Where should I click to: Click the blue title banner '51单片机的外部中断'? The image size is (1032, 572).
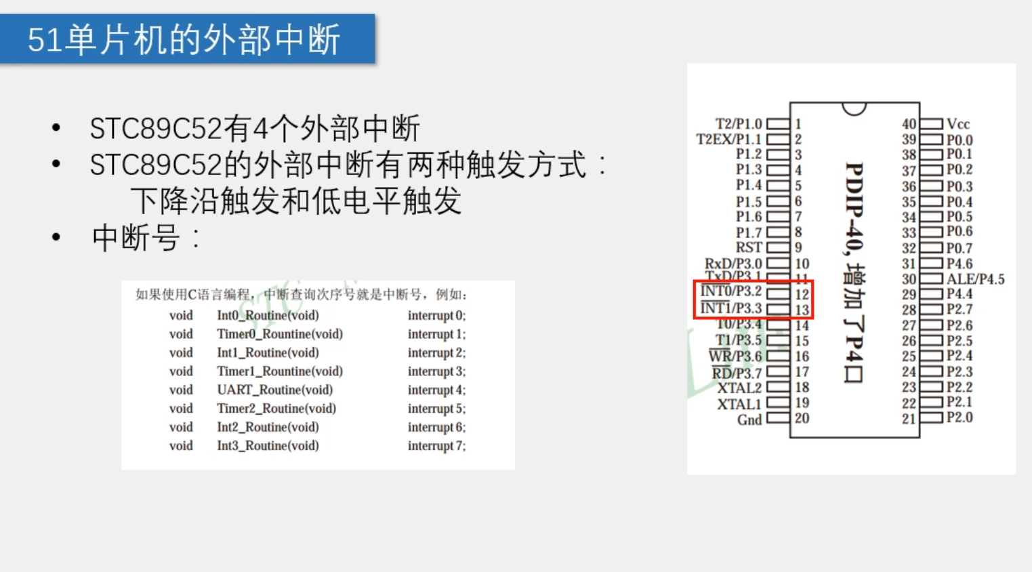click(x=187, y=39)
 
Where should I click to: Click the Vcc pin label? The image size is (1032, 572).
click(x=958, y=124)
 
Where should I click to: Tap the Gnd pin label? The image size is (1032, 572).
click(x=749, y=420)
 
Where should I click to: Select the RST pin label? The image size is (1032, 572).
click(x=749, y=248)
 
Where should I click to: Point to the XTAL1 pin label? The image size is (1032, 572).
click(x=739, y=405)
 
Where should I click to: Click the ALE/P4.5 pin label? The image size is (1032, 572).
click(x=975, y=279)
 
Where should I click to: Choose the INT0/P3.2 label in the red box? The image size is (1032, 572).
click(x=731, y=291)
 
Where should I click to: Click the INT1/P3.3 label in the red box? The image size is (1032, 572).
click(x=731, y=309)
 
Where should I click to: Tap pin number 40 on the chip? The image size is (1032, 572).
click(x=909, y=124)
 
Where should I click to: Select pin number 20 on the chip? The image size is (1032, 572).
click(x=802, y=418)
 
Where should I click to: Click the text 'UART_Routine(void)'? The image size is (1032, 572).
click(x=274, y=390)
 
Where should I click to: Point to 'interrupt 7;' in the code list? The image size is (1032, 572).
click(x=436, y=446)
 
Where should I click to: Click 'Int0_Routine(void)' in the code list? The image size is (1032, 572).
click(x=268, y=315)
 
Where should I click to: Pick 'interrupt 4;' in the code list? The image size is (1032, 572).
click(x=436, y=390)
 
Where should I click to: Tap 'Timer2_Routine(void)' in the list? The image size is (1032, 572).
click(x=276, y=409)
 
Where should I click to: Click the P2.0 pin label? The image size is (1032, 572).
click(x=959, y=417)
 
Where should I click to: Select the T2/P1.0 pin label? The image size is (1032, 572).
click(x=739, y=124)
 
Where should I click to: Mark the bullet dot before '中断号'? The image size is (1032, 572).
click(x=56, y=237)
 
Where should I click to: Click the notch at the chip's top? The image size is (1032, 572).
click(x=854, y=108)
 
